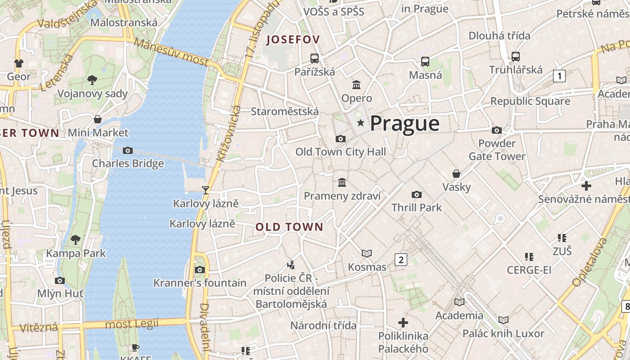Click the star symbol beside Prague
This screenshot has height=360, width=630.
(x=360, y=123)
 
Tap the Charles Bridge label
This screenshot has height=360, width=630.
(x=128, y=163)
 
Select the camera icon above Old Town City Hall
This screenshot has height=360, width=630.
(x=341, y=139)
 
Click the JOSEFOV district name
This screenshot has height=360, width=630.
(x=293, y=40)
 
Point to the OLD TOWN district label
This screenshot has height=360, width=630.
(x=289, y=227)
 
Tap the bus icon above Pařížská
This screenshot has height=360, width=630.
(x=315, y=58)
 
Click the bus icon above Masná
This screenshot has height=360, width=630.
(x=425, y=62)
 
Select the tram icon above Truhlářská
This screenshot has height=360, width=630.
(x=516, y=57)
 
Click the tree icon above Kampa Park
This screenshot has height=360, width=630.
(x=76, y=239)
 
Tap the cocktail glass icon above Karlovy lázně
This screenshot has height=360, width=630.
(x=206, y=190)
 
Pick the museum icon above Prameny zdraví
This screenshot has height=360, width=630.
(x=342, y=183)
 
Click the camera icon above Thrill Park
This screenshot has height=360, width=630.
(x=417, y=194)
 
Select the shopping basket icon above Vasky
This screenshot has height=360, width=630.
(x=456, y=174)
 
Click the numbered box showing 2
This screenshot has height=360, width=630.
(x=400, y=259)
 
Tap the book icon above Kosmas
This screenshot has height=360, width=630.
(x=367, y=254)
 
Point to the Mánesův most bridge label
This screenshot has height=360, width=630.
(x=171, y=53)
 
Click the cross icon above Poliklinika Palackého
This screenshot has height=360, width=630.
(x=403, y=322)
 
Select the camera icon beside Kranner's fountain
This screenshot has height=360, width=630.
(x=200, y=270)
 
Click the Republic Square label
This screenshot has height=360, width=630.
(x=530, y=101)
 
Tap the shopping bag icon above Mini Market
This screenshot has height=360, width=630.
(x=98, y=119)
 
